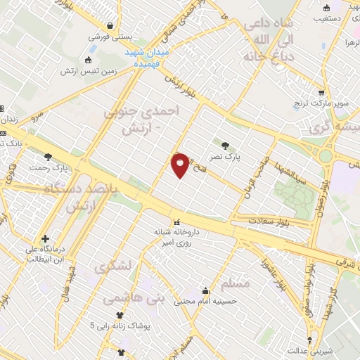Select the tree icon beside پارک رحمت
coord(49,157)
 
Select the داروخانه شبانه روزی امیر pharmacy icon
coord(176,221)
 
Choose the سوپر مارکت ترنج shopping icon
coord(321,92)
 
